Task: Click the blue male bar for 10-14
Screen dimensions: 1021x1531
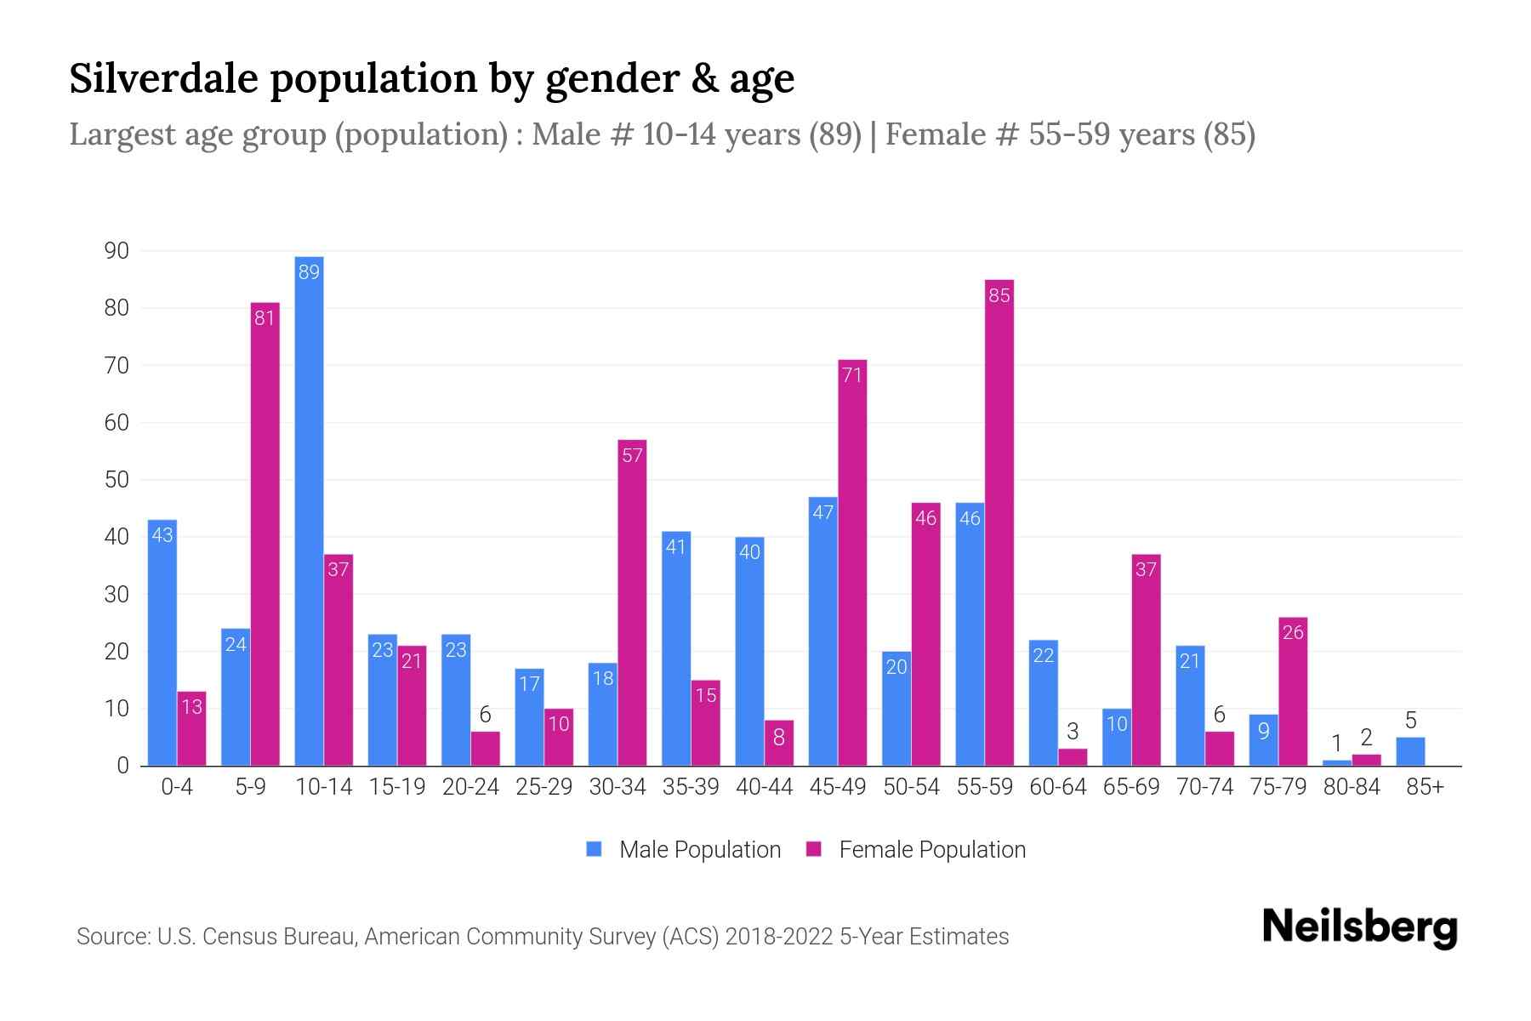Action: coord(309,510)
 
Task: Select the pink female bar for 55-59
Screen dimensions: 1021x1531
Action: coord(999,522)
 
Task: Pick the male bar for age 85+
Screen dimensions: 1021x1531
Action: coord(1410,752)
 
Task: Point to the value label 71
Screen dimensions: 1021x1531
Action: coord(852,375)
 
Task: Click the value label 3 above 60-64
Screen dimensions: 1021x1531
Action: coord(1073,731)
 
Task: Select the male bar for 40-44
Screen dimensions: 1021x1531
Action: coord(749,651)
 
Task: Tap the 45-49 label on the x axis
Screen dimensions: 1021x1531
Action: coord(837,787)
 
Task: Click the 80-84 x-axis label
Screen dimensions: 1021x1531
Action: coord(1352,787)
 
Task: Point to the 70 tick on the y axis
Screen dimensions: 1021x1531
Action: coord(117,366)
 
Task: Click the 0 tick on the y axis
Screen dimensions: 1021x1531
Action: coord(123,766)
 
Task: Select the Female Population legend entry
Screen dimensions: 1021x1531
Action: coord(916,850)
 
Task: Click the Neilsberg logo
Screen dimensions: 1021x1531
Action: coord(1359,927)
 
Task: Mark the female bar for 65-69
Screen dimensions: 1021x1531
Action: coord(1146,660)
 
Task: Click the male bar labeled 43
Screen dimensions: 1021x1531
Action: coord(162,642)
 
